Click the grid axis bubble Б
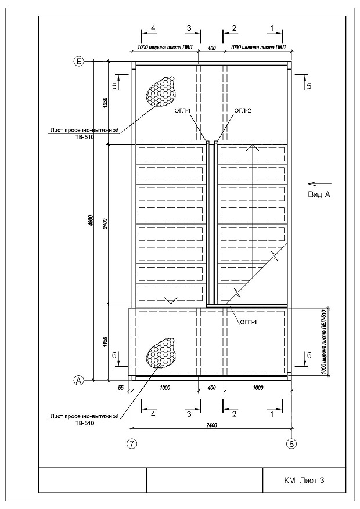[x=78, y=61]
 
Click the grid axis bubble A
[x=78, y=380]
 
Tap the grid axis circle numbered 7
[x=131, y=443]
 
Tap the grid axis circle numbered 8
[x=291, y=443]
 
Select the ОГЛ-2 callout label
[x=243, y=111]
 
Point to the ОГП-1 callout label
[x=249, y=322]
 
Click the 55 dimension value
[x=121, y=388]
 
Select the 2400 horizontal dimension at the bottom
[x=211, y=425]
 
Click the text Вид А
[x=319, y=195]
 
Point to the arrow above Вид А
[x=319, y=183]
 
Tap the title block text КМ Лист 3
[x=304, y=481]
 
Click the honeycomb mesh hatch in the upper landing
[x=160, y=91]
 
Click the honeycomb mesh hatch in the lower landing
[x=161, y=352]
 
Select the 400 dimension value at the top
[x=211, y=48]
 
